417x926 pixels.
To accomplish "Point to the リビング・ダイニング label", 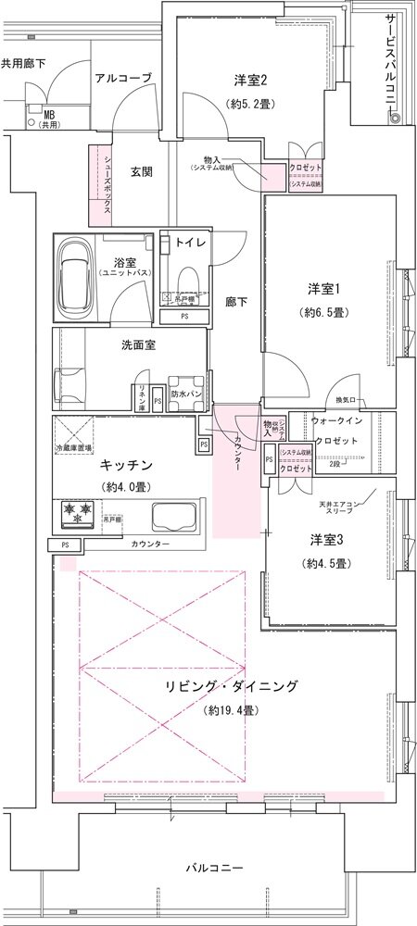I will click(x=231, y=686).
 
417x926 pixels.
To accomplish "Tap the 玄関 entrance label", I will click(x=142, y=171).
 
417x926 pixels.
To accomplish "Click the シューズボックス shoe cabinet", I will click(x=101, y=185).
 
